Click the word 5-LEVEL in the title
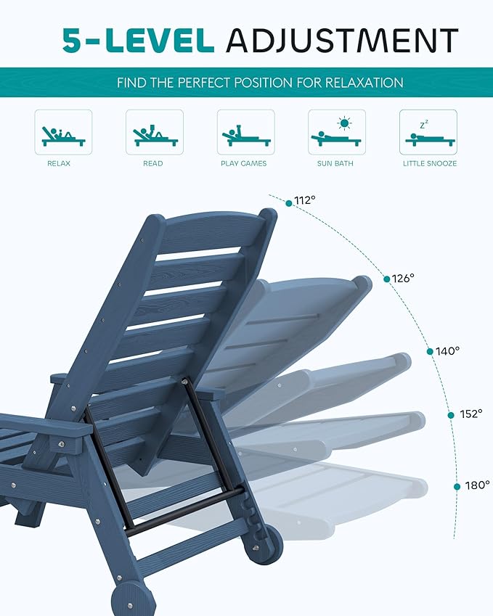pyautogui.click(x=139, y=41)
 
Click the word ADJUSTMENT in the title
pyautogui.click(x=342, y=41)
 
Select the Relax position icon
pyautogui.click(x=63, y=132)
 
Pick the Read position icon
pyautogui.click(x=154, y=132)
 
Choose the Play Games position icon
pyautogui.click(x=245, y=132)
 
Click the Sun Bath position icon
pyautogui.click(x=336, y=132)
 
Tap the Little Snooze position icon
pyautogui.click(x=428, y=132)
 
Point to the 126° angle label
pyautogui.click(x=403, y=278)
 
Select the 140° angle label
pyautogui.click(x=448, y=351)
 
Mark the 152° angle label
pyautogui.click(x=470, y=414)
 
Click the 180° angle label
pyautogui.click(x=478, y=485)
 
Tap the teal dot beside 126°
pyautogui.click(x=386, y=278)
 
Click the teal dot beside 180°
pyautogui.click(x=457, y=485)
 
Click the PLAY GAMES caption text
pyautogui.click(x=244, y=164)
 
